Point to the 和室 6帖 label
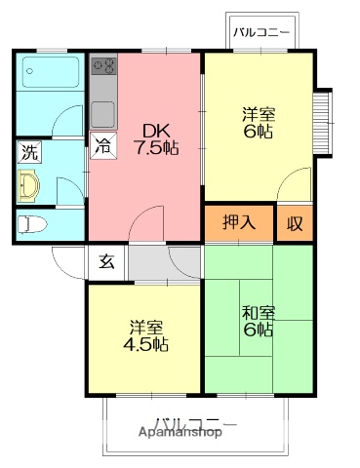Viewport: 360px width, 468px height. tap(259, 321)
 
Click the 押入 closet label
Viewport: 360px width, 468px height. tap(240, 221)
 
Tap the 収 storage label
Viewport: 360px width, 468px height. tap(294, 222)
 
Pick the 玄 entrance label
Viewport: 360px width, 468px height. tap(105, 260)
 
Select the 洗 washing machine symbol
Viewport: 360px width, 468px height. tap(29, 151)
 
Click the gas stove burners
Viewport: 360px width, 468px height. tap(103, 67)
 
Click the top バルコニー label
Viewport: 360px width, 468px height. tap(261, 32)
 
